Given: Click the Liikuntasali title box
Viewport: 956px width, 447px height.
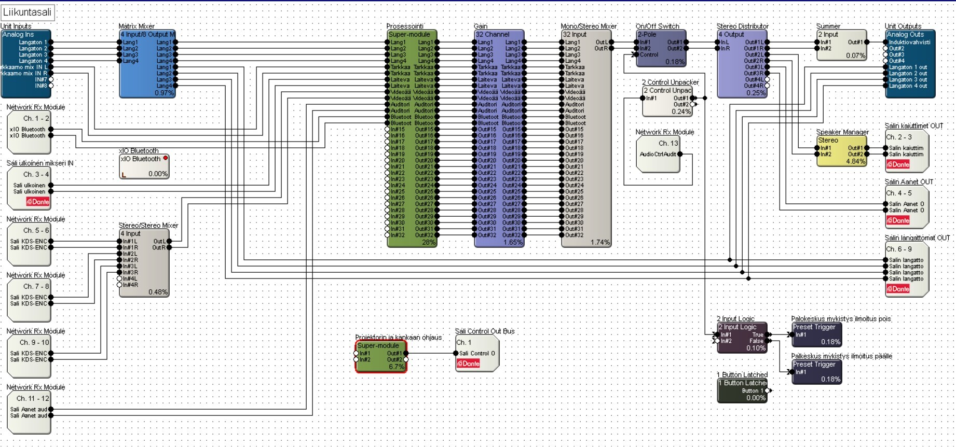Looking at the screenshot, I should [28, 12].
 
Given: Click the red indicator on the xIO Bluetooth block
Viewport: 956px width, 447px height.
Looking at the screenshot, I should [166, 158].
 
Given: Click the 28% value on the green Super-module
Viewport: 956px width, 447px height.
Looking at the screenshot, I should [428, 242].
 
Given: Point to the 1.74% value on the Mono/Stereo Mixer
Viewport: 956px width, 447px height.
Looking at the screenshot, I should [600, 242].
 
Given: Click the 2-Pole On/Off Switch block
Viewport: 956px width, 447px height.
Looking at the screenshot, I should [661, 48].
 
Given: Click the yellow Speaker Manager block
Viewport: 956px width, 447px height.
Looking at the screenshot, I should [841, 151].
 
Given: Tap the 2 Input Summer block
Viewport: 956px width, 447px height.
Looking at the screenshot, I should [841, 45].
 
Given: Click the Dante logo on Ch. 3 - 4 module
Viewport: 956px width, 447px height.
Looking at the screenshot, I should [38, 202].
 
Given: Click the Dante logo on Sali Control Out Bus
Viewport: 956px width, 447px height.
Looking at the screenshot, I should [468, 364].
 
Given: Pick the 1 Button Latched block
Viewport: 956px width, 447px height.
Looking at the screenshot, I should [742, 390].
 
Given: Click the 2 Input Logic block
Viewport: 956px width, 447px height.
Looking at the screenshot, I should [742, 338].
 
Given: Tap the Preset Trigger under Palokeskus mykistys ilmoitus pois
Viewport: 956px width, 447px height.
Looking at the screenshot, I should [816, 334].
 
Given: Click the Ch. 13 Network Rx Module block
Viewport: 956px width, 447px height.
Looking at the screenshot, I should [658, 153].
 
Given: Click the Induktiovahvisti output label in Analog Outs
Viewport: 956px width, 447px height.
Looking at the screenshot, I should [909, 43].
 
